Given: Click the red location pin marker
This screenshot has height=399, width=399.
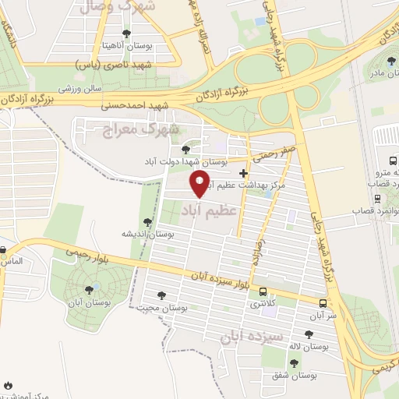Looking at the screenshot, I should (x=201, y=185).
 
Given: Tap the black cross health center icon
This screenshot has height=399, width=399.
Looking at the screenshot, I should (x=244, y=173).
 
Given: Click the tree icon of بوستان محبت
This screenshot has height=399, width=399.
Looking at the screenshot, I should (x=161, y=295).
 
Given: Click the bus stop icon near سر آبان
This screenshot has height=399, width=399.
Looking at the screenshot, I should (x=323, y=302).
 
